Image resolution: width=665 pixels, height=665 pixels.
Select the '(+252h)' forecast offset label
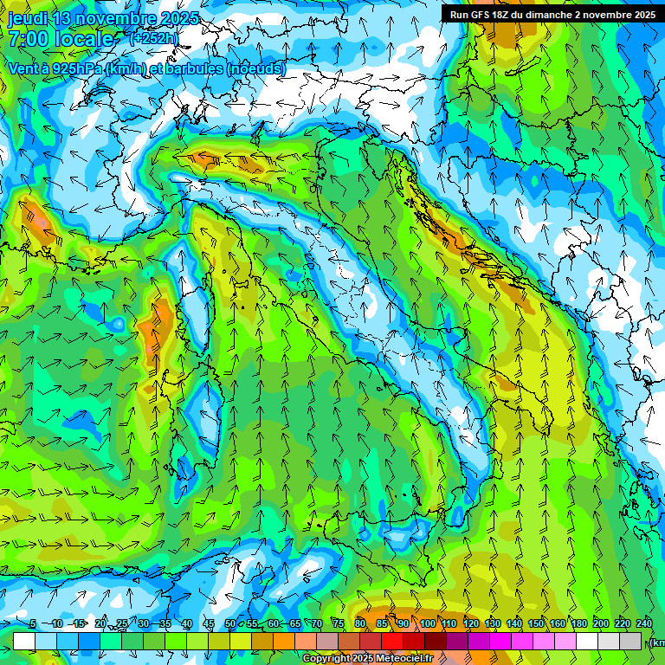(153, 38)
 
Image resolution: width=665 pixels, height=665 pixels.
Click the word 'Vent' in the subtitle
(25, 68)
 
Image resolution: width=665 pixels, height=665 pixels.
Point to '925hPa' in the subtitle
(77, 68)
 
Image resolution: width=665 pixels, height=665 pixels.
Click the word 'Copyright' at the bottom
(326, 659)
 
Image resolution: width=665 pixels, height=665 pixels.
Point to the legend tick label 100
(428, 624)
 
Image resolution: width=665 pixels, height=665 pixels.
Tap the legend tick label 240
(644, 624)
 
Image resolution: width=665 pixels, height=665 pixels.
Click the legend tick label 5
(33, 624)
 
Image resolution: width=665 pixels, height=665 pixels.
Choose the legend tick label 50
(230, 624)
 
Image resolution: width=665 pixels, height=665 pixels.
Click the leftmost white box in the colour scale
(24, 641)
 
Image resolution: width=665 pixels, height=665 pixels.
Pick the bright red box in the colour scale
(392, 641)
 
